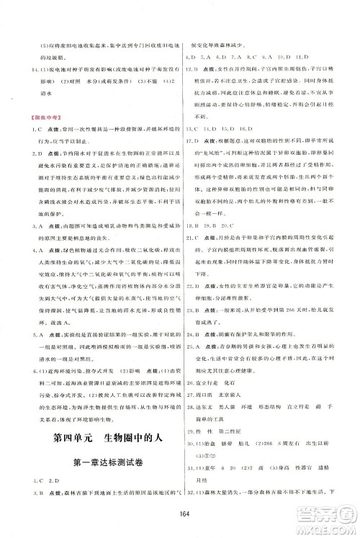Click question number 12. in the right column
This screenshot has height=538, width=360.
point(192,67)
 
